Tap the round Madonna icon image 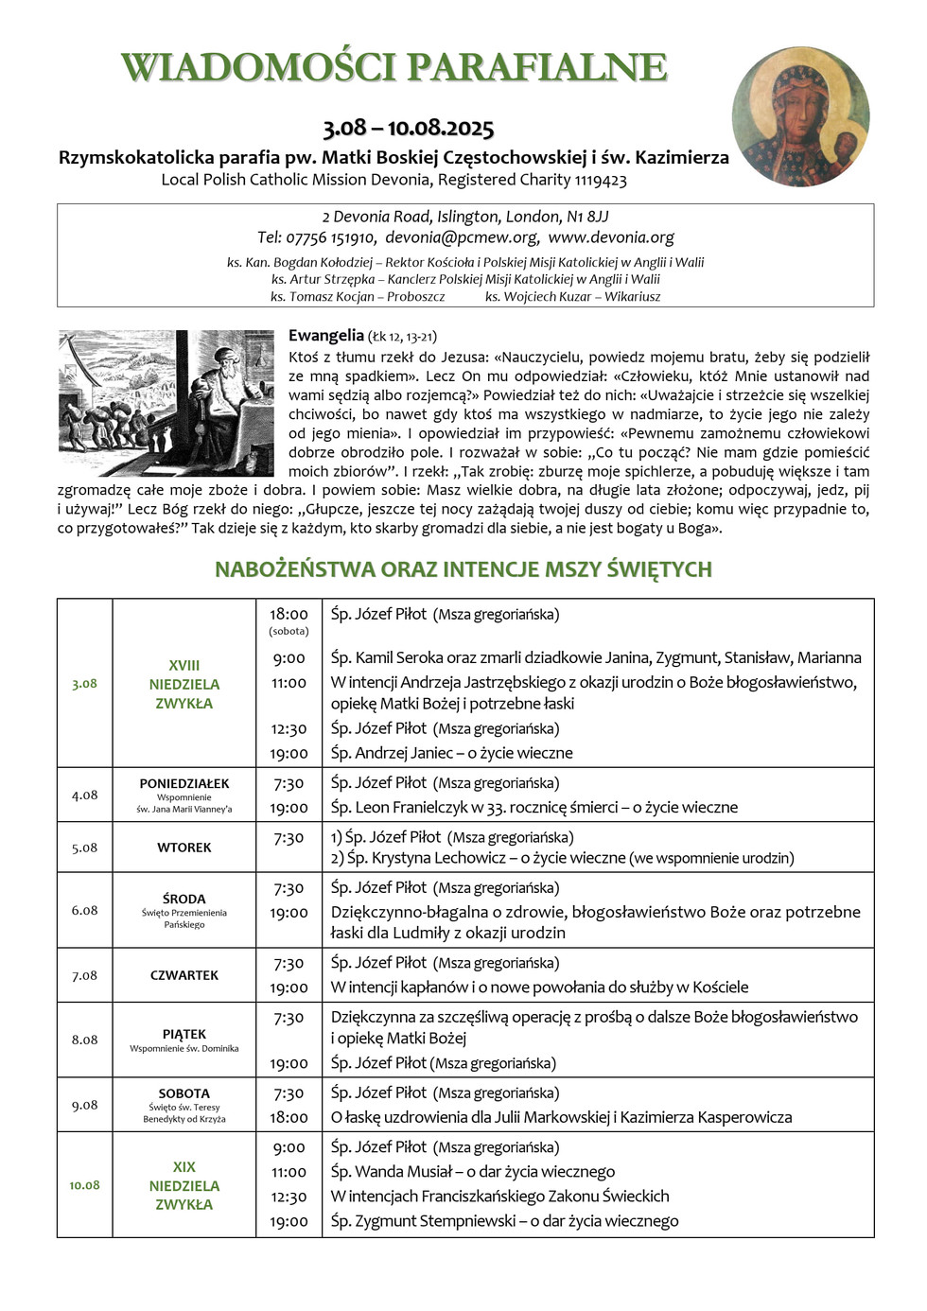pos(800,117)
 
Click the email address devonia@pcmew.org pos(462,237)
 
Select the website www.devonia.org pos(611,237)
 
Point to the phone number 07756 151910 pos(331,237)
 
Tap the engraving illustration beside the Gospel pos(166,403)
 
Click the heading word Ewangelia pos(325,335)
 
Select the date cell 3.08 pos(84,684)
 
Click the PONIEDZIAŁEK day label pos(184,783)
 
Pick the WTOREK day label pos(184,848)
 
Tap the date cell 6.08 pos(84,910)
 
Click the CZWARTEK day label pos(184,975)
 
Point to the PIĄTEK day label pos(184,1034)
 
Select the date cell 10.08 pos(84,1185)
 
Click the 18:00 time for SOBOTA pos(289,1117)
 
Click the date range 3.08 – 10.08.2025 pos(409,128)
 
